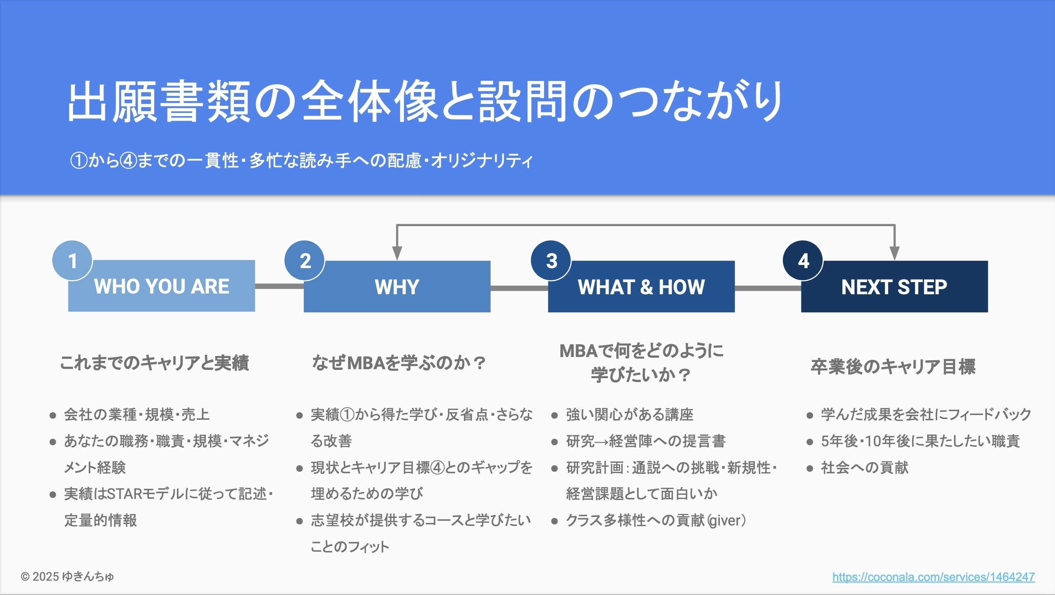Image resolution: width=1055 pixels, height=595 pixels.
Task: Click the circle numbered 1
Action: (72, 261)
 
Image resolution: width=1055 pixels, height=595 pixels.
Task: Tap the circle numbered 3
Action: (551, 261)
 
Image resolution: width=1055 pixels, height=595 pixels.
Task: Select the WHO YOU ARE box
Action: (162, 286)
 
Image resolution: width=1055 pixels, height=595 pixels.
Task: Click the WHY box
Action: (397, 286)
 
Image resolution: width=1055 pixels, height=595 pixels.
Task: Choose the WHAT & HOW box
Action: (641, 286)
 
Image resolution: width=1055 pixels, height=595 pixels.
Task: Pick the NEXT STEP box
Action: (894, 286)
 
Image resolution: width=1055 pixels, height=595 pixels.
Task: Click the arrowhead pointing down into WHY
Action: (396, 253)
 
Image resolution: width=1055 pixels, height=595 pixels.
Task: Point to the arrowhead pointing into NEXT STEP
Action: (895, 253)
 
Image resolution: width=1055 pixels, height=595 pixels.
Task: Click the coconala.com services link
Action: (933, 577)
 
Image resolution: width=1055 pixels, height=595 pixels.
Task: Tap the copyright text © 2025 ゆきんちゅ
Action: (68, 577)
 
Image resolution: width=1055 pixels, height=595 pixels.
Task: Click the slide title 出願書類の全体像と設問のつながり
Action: (425, 102)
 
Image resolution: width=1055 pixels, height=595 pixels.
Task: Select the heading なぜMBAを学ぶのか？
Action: (399, 363)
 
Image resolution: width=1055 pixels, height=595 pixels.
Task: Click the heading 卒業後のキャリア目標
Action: (893, 366)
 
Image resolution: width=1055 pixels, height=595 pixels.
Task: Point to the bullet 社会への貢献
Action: (864, 467)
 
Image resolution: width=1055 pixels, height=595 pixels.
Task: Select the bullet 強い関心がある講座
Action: (629, 415)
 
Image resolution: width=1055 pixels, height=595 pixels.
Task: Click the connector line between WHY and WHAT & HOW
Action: (519, 289)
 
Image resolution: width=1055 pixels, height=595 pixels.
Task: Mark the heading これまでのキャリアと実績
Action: (154, 363)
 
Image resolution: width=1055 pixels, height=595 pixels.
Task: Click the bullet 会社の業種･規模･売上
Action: (137, 415)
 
